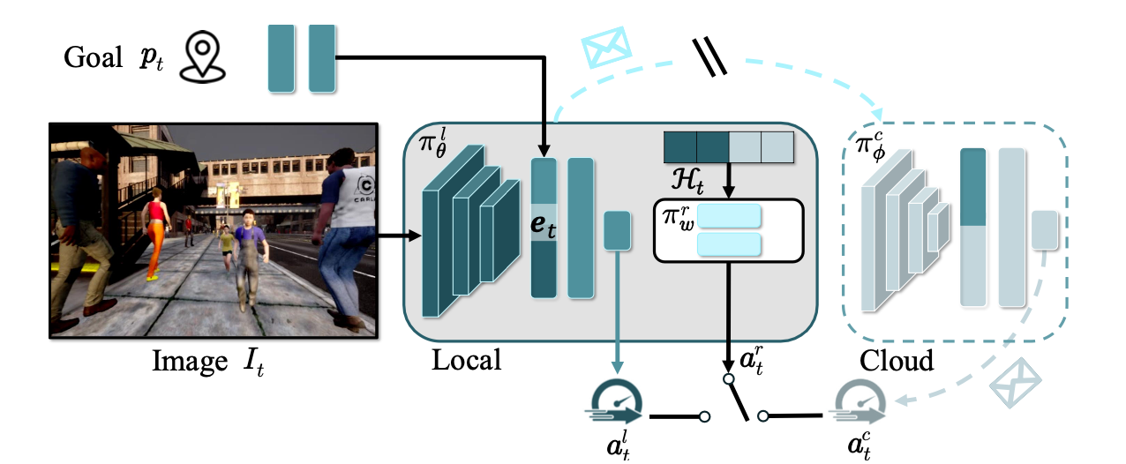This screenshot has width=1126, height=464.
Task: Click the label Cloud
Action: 897,361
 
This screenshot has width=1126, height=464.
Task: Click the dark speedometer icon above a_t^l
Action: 614,407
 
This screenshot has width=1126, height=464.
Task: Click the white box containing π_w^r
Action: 728,230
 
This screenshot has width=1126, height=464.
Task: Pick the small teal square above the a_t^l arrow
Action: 617,230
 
